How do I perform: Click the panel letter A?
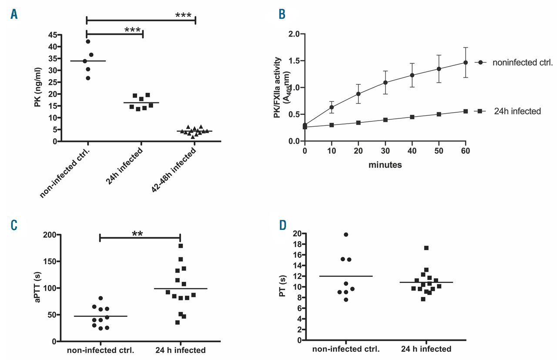[x=14, y=14]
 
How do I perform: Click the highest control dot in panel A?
[x=88, y=41]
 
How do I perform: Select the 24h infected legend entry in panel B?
[x=517, y=111]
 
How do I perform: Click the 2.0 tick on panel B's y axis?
[x=292, y=34]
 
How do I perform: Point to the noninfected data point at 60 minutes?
[x=465, y=63]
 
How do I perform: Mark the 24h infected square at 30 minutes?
[x=385, y=120]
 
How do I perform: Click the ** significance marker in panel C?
[x=138, y=233]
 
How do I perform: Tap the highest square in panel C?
[x=181, y=246]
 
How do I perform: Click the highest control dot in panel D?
[x=346, y=235]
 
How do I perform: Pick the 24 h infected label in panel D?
[x=424, y=349]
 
